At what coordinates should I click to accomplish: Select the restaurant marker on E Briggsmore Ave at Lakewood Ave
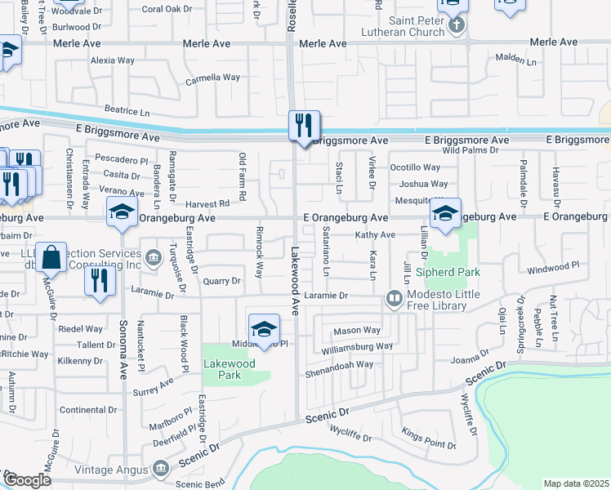coord(304,127)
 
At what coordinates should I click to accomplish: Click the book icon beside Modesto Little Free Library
coord(395,299)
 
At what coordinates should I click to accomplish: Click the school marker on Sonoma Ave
coord(123,214)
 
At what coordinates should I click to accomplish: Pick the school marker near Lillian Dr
coord(446,215)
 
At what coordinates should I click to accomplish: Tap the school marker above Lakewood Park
coord(265,330)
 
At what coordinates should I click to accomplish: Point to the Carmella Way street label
coord(213,78)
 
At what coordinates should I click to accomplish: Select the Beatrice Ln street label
coord(127,109)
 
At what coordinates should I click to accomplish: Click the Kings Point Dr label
coord(428,444)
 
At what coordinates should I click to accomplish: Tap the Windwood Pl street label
coord(553,266)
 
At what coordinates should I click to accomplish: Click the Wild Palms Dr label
coord(471,151)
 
